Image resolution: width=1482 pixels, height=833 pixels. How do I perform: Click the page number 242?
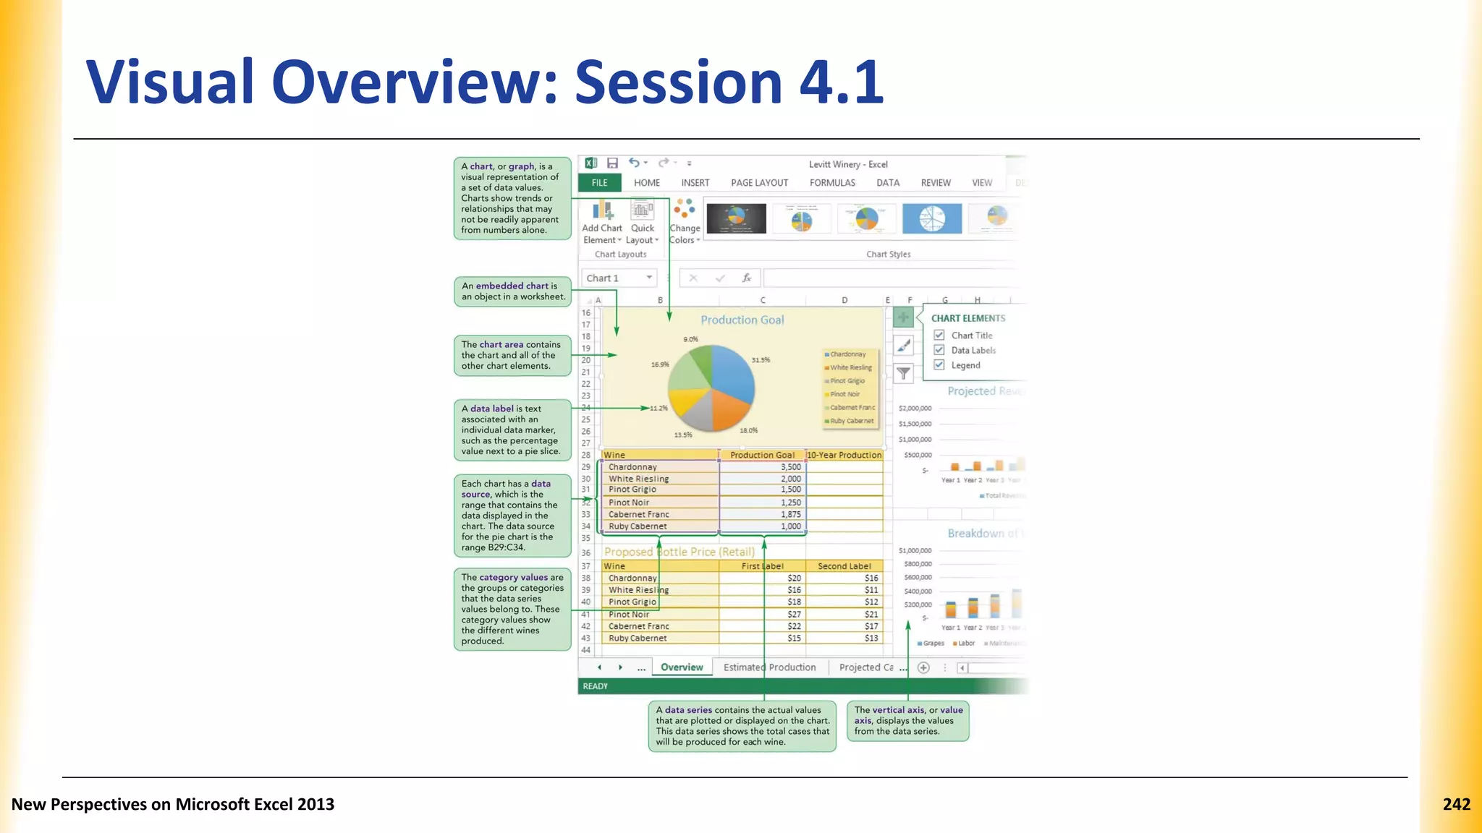pyautogui.click(x=1456, y=804)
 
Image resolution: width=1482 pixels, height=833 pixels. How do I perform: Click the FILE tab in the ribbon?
pyautogui.click(x=599, y=183)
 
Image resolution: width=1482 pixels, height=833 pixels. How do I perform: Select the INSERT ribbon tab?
pyautogui.click(x=695, y=183)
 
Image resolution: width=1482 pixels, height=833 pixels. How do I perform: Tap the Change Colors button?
pyautogui.click(x=684, y=223)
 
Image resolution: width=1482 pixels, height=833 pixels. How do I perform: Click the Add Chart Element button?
pyautogui.click(x=602, y=223)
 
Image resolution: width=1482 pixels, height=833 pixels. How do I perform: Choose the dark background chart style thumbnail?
pyautogui.click(x=736, y=218)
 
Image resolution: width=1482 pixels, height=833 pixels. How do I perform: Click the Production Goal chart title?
pyautogui.click(x=742, y=320)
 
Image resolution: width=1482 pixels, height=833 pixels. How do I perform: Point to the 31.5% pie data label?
pyautogui.click(x=761, y=360)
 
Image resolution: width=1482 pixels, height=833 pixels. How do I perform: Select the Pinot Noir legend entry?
pyautogui.click(x=844, y=394)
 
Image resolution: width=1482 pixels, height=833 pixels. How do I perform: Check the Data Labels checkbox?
pyautogui.click(x=939, y=350)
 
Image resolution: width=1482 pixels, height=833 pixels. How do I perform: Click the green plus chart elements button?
pyautogui.click(x=903, y=317)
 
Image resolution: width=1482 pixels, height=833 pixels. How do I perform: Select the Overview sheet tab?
pyautogui.click(x=682, y=667)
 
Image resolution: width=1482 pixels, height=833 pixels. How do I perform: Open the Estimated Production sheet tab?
pyautogui.click(x=769, y=667)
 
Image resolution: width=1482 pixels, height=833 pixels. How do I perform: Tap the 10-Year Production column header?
pyautogui.click(x=844, y=455)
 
